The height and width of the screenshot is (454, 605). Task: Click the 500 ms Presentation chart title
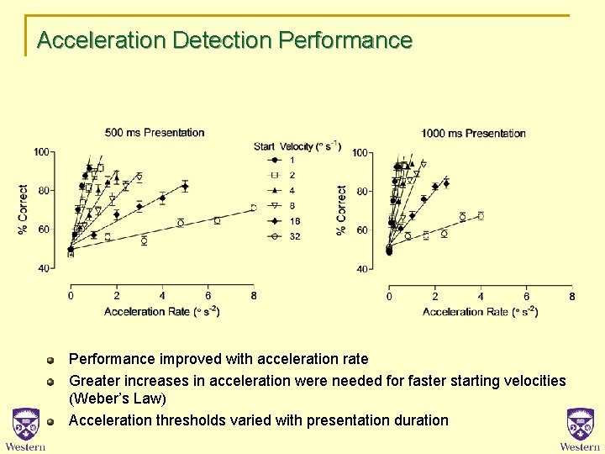pyautogui.click(x=155, y=132)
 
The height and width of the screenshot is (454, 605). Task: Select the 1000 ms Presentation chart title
pyautogui.click(x=473, y=133)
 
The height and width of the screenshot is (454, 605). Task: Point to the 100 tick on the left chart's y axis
pyautogui.click(x=40, y=151)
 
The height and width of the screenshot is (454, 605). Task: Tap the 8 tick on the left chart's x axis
pyautogui.click(x=253, y=296)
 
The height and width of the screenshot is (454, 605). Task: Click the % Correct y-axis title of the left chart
pyautogui.click(x=24, y=209)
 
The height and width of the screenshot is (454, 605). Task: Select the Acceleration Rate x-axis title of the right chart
pyautogui.click(x=480, y=312)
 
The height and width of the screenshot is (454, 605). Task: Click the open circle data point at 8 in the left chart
pyautogui.click(x=253, y=208)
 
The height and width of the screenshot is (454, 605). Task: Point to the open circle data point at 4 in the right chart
pyautogui.click(x=481, y=216)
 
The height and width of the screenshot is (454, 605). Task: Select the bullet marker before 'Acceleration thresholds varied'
pyautogui.click(x=50, y=420)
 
